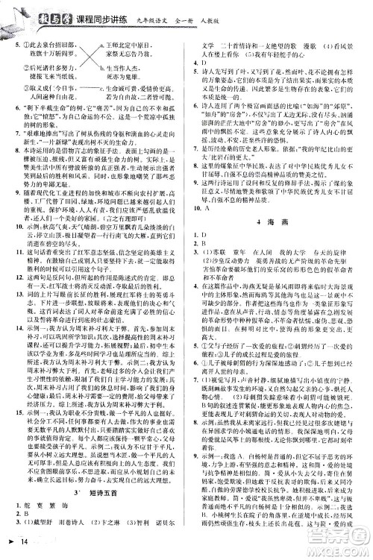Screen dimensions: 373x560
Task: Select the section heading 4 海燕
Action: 281,246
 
